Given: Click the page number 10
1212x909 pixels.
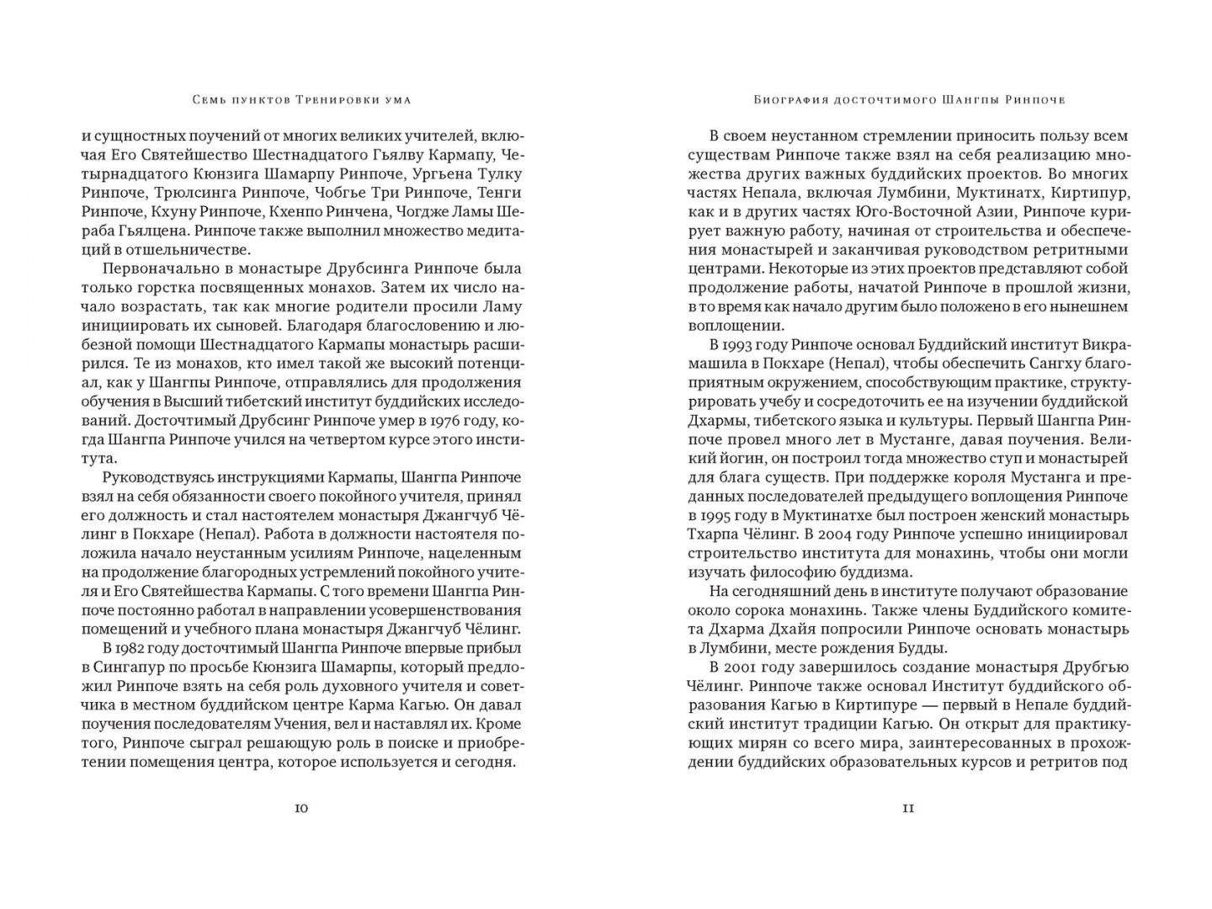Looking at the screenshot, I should point(301,809).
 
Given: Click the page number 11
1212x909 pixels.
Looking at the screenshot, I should point(908,809).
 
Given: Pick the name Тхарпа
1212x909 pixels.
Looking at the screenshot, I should point(715,534).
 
